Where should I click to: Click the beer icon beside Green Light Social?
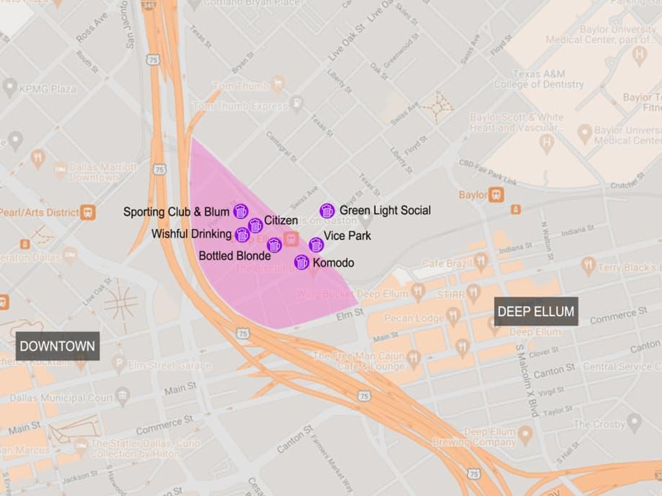pos(327,211)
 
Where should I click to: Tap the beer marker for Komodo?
pos(301,262)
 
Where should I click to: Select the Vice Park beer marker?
pos(316,245)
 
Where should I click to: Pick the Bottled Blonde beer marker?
pos(274,245)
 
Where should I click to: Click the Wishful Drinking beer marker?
pos(242,235)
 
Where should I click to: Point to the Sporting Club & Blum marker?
pos(241,211)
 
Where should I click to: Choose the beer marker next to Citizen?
pos(255,226)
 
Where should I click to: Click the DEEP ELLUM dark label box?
pos(536,311)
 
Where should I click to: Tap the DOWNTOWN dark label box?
pos(58,346)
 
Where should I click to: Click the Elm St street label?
pos(350,314)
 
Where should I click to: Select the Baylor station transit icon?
pos(496,195)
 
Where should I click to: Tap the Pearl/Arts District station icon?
pos(88,212)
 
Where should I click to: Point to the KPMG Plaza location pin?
pos(10,87)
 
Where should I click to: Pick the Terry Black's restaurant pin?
pos(589,265)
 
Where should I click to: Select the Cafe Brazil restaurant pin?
pos(481,261)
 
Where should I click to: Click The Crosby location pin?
pos(634,423)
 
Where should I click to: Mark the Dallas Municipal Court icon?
pos(122,395)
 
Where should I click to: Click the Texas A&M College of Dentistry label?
pos(539,79)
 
